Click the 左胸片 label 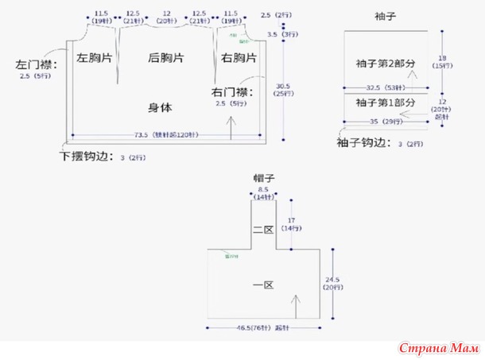[94, 58]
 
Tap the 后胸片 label [166, 58]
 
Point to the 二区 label [263, 229]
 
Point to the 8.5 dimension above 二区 [263, 190]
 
